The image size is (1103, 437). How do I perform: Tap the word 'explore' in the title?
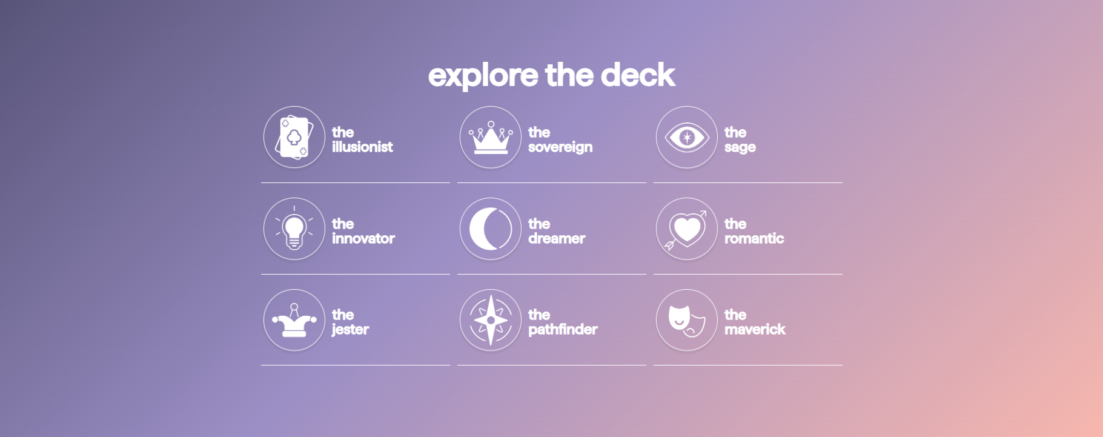(x=483, y=77)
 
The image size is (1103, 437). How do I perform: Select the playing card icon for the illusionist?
(x=294, y=138)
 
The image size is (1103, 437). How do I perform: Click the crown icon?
(x=491, y=138)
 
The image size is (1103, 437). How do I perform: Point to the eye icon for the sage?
(x=687, y=138)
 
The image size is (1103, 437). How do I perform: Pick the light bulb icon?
(x=294, y=229)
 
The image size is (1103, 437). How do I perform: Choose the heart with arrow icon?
(x=686, y=230)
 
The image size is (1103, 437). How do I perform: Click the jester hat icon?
(x=294, y=321)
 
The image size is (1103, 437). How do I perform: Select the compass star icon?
(x=491, y=320)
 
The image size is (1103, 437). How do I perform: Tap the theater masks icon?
(x=687, y=321)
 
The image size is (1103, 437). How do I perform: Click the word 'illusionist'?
(x=362, y=147)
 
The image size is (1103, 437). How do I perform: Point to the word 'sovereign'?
(x=560, y=147)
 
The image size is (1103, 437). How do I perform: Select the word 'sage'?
(x=740, y=148)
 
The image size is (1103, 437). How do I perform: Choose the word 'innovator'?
(x=363, y=238)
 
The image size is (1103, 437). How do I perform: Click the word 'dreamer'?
(x=557, y=238)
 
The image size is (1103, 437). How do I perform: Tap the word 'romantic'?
(x=754, y=238)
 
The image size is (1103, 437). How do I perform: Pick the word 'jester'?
(x=350, y=330)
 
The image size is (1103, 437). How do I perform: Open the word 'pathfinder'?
(x=563, y=330)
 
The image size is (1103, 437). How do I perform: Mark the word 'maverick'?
(x=755, y=329)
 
